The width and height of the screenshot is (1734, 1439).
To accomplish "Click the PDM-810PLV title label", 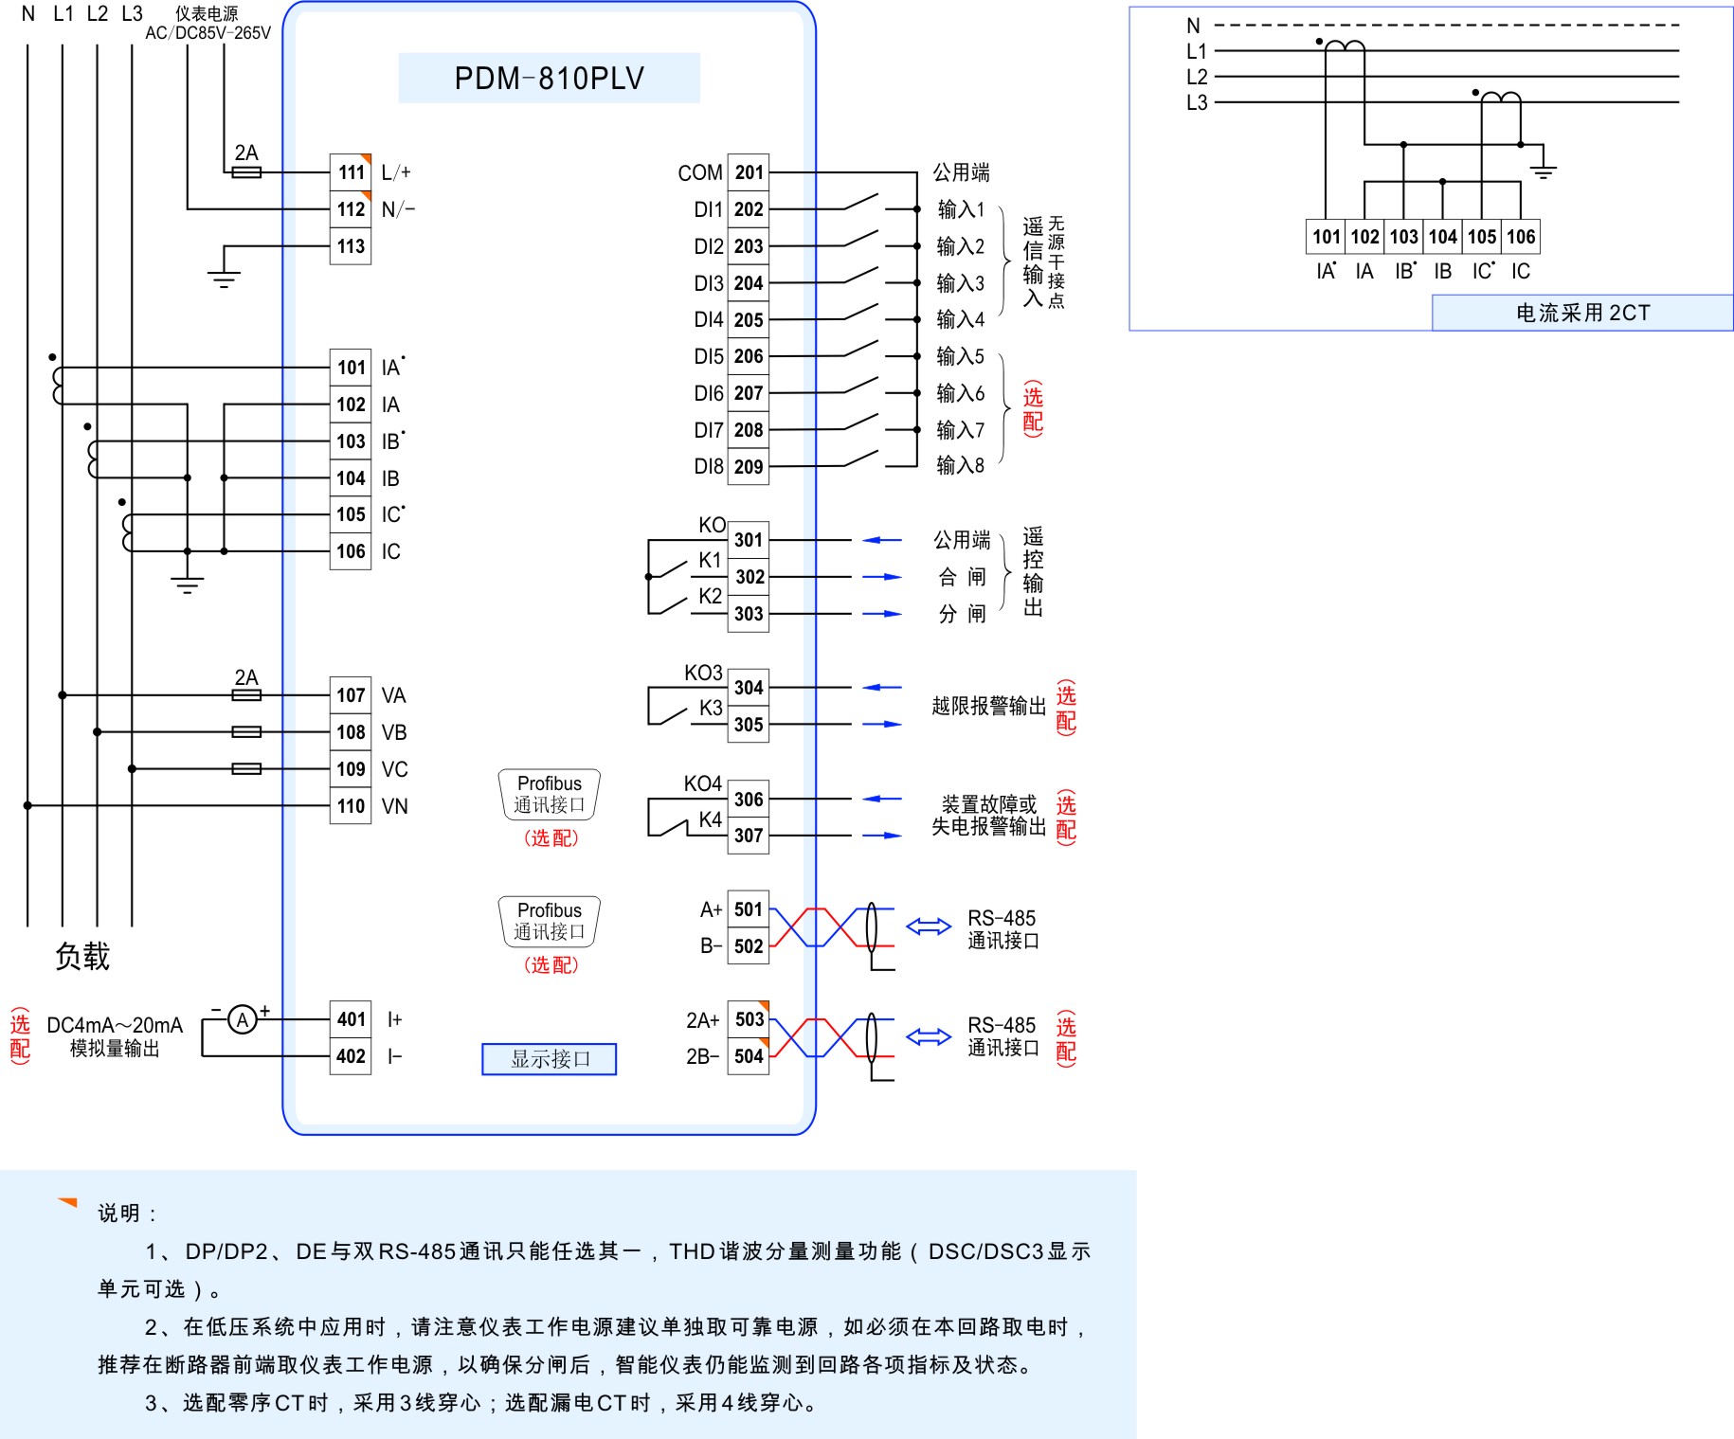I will (549, 78).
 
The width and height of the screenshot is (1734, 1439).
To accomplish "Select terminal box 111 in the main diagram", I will (351, 172).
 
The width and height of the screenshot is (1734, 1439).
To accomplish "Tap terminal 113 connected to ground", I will (351, 246).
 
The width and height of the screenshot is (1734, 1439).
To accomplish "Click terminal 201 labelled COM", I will (749, 172).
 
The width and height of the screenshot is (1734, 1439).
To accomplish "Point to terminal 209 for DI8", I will (749, 466).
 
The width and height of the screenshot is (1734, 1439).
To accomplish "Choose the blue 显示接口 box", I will (550, 1059).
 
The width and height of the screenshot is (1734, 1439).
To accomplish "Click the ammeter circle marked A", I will (243, 1019).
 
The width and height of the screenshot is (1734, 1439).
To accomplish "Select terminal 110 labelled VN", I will (351, 806).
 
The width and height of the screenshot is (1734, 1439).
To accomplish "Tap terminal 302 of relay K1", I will (749, 577).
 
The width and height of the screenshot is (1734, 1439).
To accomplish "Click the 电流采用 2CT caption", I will (1582, 313).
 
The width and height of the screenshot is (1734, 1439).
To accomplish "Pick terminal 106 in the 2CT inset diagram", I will (1521, 237).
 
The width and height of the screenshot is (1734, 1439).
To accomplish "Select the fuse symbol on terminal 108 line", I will (246, 732).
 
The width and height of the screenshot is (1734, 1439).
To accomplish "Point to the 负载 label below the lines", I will (82, 957).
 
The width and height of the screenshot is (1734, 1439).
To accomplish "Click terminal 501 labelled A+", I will (749, 909).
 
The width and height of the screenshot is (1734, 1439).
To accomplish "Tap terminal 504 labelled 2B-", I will (749, 1056).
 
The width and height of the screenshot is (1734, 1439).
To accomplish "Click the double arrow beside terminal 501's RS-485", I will (929, 926).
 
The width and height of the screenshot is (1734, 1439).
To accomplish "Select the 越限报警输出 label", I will (988, 706).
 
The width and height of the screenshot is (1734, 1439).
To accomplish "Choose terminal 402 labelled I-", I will (351, 1056).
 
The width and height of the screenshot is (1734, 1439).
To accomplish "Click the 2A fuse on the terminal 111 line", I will (246, 172).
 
